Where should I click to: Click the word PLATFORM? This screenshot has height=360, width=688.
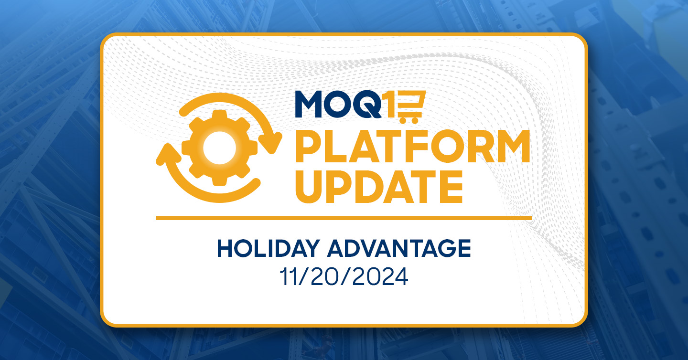(x=412, y=146)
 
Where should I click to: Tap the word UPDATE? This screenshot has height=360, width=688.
(x=379, y=187)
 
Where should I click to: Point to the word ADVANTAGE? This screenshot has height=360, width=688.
(x=398, y=248)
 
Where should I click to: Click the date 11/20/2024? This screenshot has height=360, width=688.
(x=344, y=277)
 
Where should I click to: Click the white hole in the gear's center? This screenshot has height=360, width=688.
(x=219, y=148)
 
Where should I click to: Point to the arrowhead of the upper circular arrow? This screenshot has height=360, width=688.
(x=270, y=143)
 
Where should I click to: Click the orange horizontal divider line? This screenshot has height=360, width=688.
(x=344, y=218)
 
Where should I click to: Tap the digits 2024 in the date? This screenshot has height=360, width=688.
(x=380, y=277)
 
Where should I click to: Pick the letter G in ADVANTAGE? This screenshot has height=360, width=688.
(x=443, y=248)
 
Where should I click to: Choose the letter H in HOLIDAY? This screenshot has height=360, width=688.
(x=225, y=248)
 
